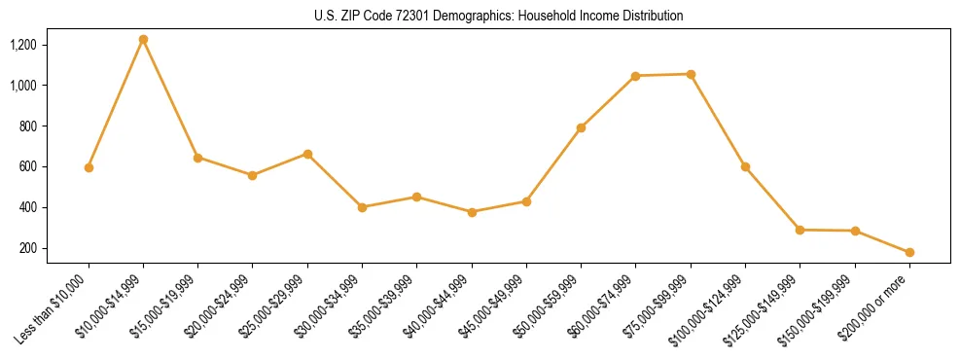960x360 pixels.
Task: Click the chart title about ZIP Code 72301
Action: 499,17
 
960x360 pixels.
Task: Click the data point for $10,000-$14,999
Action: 143,40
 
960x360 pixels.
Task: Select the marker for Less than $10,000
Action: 89,167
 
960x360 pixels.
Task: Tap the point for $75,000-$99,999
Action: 691,74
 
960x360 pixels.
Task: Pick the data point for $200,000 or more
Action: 909,252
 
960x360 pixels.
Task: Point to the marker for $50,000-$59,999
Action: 581,127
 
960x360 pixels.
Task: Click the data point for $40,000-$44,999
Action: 472,212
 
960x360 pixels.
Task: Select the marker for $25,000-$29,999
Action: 307,154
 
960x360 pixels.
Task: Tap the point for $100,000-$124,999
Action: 745,166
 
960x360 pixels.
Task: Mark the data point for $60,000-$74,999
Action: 635,76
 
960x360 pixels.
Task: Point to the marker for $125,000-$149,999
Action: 800,230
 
